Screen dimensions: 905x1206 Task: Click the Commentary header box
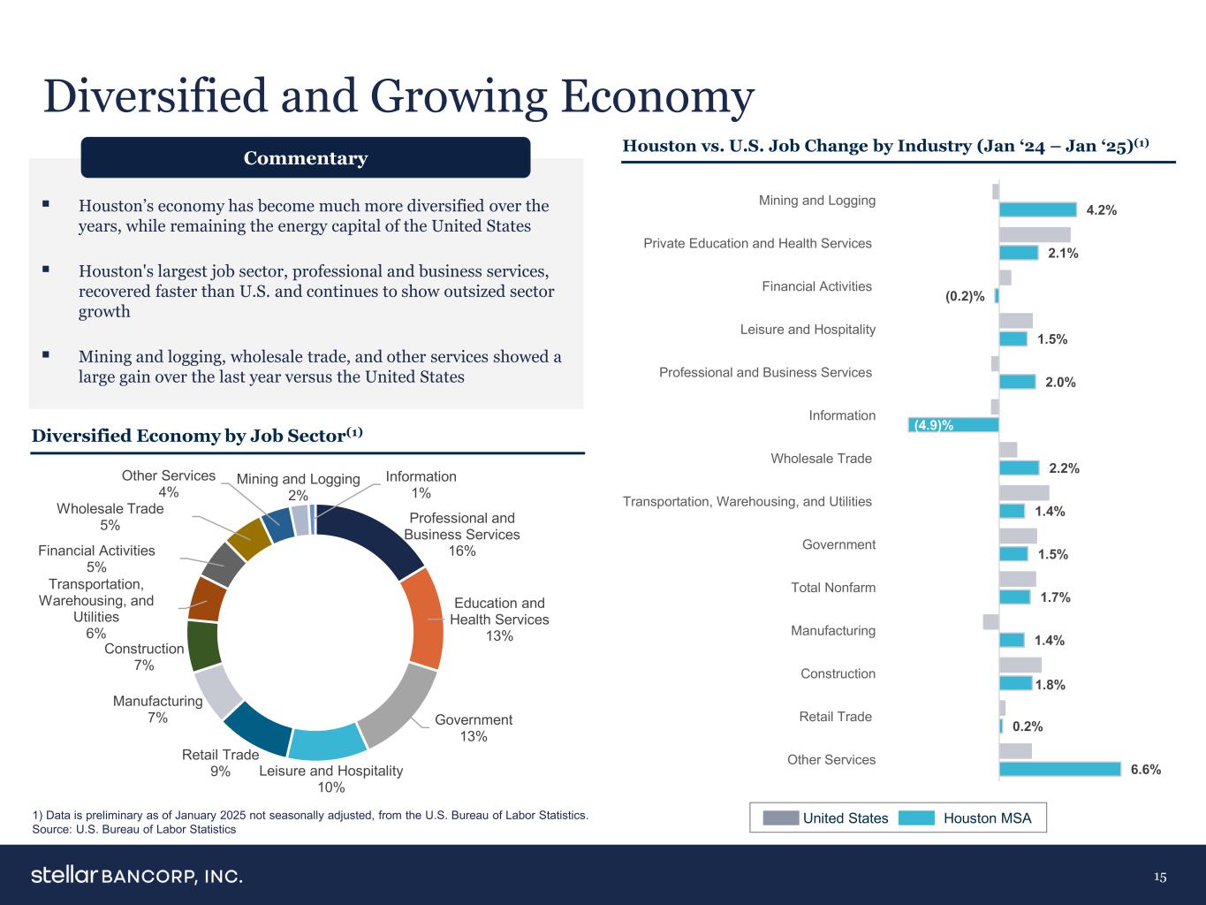306,158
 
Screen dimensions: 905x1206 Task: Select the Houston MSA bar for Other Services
1059,769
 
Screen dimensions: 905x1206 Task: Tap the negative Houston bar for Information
954,424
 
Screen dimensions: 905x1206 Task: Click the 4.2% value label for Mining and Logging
1102,210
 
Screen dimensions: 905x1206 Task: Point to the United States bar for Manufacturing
990,621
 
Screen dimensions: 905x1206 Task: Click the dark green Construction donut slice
204,646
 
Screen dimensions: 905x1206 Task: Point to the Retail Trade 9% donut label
220,763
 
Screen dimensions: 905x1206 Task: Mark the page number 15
1159,877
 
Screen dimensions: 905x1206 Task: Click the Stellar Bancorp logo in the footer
137,876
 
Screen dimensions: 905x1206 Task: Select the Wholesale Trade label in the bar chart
821,459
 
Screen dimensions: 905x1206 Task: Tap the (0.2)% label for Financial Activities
965,297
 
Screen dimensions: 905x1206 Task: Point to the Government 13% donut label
474,728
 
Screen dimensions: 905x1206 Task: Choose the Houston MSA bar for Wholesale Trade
1019,468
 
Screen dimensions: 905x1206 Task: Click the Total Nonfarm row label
833,588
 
